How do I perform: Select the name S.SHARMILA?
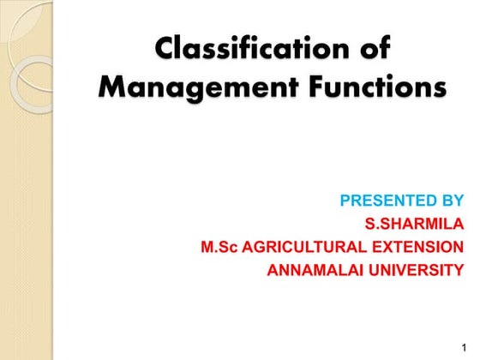(414, 225)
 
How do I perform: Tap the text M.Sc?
(219, 248)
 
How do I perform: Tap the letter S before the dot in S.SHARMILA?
(369, 225)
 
